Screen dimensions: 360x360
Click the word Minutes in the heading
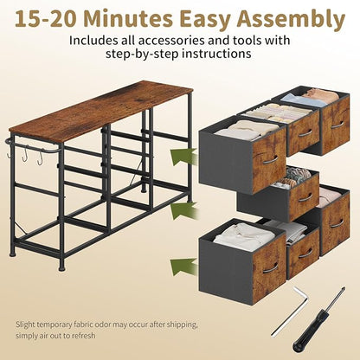(x=129, y=19)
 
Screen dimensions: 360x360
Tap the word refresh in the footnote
(x=83, y=336)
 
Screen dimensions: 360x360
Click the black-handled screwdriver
(x=318, y=319)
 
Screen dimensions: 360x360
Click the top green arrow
(x=183, y=157)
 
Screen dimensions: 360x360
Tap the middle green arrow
(x=183, y=211)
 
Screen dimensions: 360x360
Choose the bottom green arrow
(x=183, y=267)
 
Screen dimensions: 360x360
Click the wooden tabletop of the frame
(x=101, y=111)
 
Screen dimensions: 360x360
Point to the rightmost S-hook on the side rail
(x=41, y=157)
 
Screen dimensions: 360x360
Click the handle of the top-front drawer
(x=271, y=160)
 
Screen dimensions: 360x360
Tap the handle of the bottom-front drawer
(x=271, y=268)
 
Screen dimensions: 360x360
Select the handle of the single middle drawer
(x=305, y=197)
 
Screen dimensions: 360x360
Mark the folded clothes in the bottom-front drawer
(x=244, y=237)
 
